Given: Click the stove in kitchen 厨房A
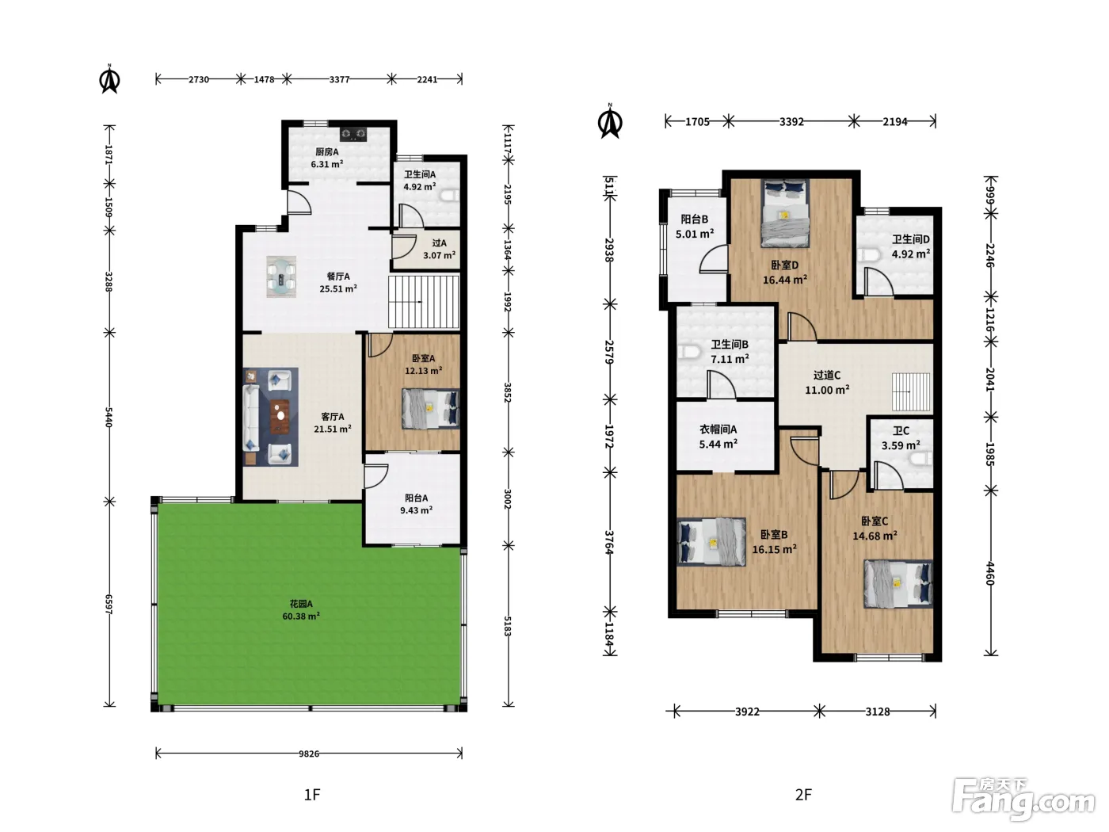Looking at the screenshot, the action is [353, 133].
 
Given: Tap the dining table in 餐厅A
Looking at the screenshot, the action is [281, 277].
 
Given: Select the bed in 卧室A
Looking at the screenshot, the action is [430, 408].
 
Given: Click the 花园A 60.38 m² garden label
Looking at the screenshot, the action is [300, 609].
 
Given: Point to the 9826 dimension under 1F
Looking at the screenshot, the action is [309, 754].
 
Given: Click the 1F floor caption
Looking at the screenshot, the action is [312, 795].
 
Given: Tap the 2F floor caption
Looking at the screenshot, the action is [803, 795].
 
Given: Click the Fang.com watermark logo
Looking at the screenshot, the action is [1023, 800].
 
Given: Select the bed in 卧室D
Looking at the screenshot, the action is [785, 212].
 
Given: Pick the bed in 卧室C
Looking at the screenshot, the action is [897, 583].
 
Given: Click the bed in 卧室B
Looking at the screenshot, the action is [711, 541].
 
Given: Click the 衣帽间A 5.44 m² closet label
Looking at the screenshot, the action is [718, 437].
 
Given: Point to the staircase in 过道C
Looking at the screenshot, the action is [910, 391].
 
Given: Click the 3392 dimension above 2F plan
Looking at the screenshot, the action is [791, 122].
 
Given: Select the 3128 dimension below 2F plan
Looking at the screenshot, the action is [878, 712].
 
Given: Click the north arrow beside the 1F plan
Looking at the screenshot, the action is [109, 79].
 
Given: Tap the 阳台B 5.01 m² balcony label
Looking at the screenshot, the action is [695, 227].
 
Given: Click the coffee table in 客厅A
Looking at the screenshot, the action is [280, 416].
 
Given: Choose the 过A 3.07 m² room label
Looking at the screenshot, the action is [439, 249].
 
